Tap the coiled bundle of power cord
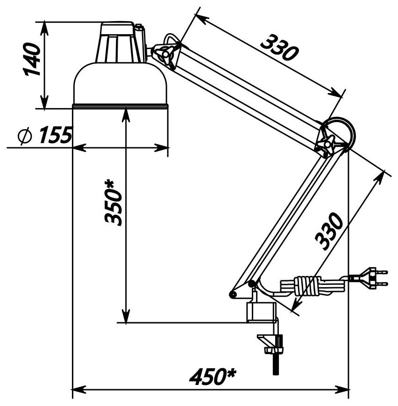click(306, 285)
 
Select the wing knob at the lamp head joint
click(167, 53)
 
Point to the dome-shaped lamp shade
click(121, 84)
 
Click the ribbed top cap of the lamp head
click(121, 42)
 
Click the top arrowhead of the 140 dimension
click(44, 26)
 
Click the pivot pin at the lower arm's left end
click(233, 294)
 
